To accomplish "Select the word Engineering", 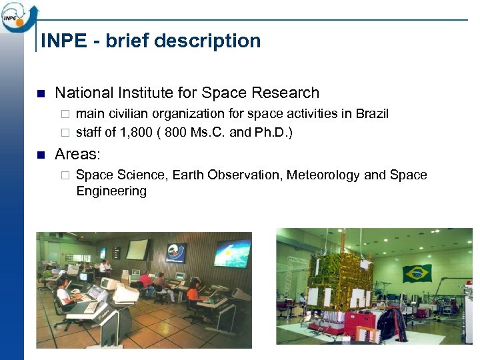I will (111, 191).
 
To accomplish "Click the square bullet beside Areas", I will (40, 155).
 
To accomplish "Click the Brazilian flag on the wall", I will (417, 273).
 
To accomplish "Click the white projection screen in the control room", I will (137, 249).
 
